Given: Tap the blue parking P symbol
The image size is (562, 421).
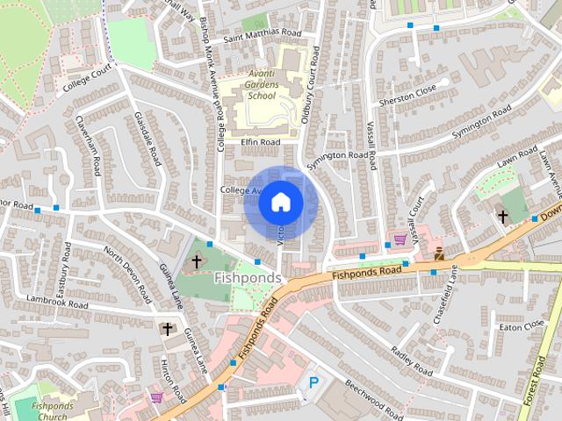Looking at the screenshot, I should click(x=313, y=382).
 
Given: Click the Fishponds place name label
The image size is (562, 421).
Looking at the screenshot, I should click(x=248, y=278).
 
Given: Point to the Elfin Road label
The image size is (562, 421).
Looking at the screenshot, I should click(x=260, y=141).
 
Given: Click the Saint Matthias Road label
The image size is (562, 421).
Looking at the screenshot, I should click(x=262, y=33).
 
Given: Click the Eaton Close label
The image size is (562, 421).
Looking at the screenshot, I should click(x=522, y=325).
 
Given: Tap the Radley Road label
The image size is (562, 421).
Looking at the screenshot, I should click(x=412, y=360).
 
